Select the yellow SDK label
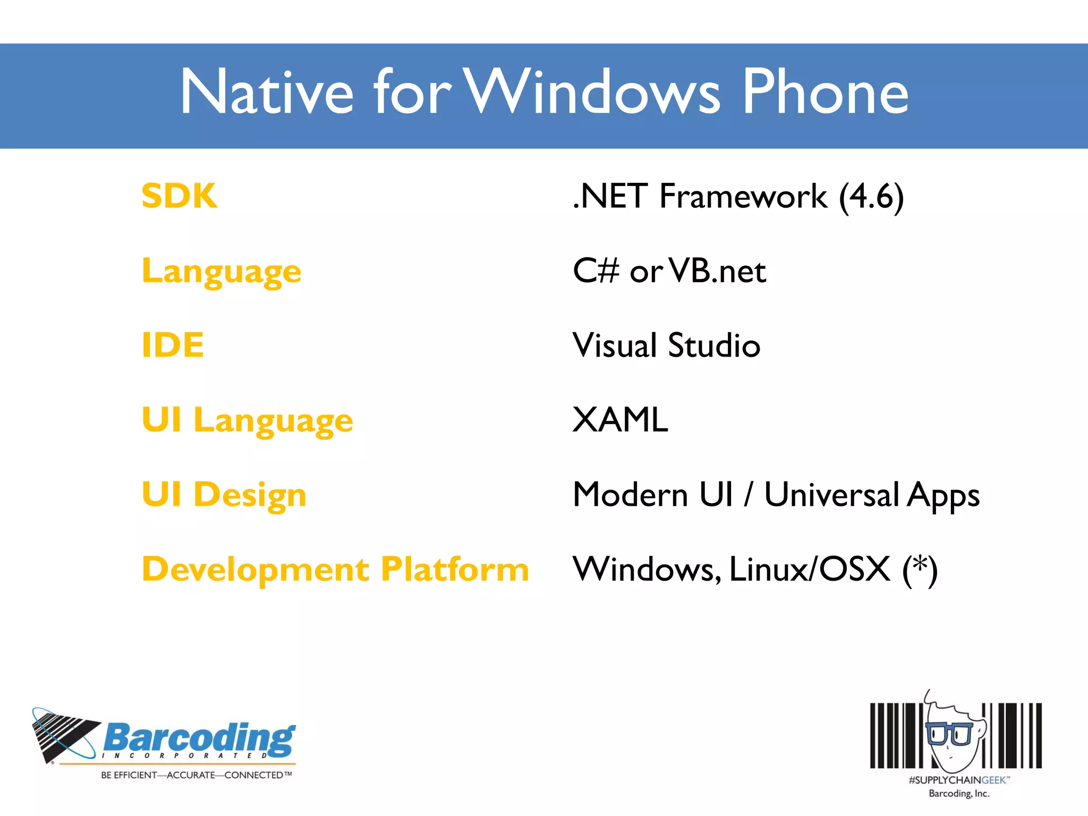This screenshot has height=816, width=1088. pyautogui.click(x=180, y=195)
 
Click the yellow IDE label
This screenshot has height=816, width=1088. pyautogui.click(x=173, y=345)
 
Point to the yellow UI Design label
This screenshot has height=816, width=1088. pyautogui.click(x=224, y=495)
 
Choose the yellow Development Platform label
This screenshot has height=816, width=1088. pyautogui.click(x=335, y=569)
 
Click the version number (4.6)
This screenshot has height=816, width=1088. pyautogui.click(x=871, y=197)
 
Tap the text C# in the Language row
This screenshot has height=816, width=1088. pyautogui.click(x=596, y=271)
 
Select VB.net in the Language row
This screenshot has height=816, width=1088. pyautogui.click(x=717, y=271)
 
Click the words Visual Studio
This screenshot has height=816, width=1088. pyautogui.click(x=666, y=345)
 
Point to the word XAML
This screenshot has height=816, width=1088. pyautogui.click(x=620, y=420)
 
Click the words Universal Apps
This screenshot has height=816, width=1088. pyautogui.click(x=871, y=495)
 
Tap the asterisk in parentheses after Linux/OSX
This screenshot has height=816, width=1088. pyautogui.click(x=920, y=569)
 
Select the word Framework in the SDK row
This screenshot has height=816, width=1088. pyautogui.click(x=743, y=197)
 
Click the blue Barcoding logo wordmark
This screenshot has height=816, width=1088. pyautogui.click(x=199, y=738)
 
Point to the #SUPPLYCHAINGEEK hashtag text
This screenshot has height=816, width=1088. pyautogui.click(x=958, y=780)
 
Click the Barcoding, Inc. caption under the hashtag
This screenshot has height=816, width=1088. pyautogui.click(x=958, y=794)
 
